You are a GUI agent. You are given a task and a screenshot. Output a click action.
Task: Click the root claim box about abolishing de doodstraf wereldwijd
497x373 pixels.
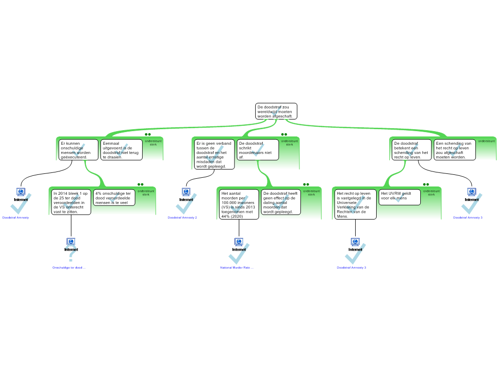(276, 111)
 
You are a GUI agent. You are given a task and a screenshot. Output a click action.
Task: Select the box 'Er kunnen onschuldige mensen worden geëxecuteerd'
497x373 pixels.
(78, 150)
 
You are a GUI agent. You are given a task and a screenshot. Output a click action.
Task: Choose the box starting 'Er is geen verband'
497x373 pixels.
(214, 154)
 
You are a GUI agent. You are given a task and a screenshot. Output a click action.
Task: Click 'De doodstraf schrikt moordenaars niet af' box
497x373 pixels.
(257, 150)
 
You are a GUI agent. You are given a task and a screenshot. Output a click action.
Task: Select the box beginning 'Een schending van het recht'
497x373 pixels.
(454, 150)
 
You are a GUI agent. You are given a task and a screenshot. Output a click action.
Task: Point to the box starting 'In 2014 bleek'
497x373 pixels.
(71, 202)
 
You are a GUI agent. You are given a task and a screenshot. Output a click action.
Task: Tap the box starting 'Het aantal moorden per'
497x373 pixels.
(239, 204)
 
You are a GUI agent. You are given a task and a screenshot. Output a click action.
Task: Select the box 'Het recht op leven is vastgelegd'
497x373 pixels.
(355, 204)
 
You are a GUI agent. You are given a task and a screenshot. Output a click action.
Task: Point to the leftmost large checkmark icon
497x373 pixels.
(20, 205)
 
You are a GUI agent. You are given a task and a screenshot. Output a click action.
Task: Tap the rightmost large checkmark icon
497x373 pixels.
(470, 205)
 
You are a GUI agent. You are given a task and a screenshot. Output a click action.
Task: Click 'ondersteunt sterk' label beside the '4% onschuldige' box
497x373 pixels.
(143, 193)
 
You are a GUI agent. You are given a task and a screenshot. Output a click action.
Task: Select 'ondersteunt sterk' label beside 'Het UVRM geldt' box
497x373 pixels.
(428, 193)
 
